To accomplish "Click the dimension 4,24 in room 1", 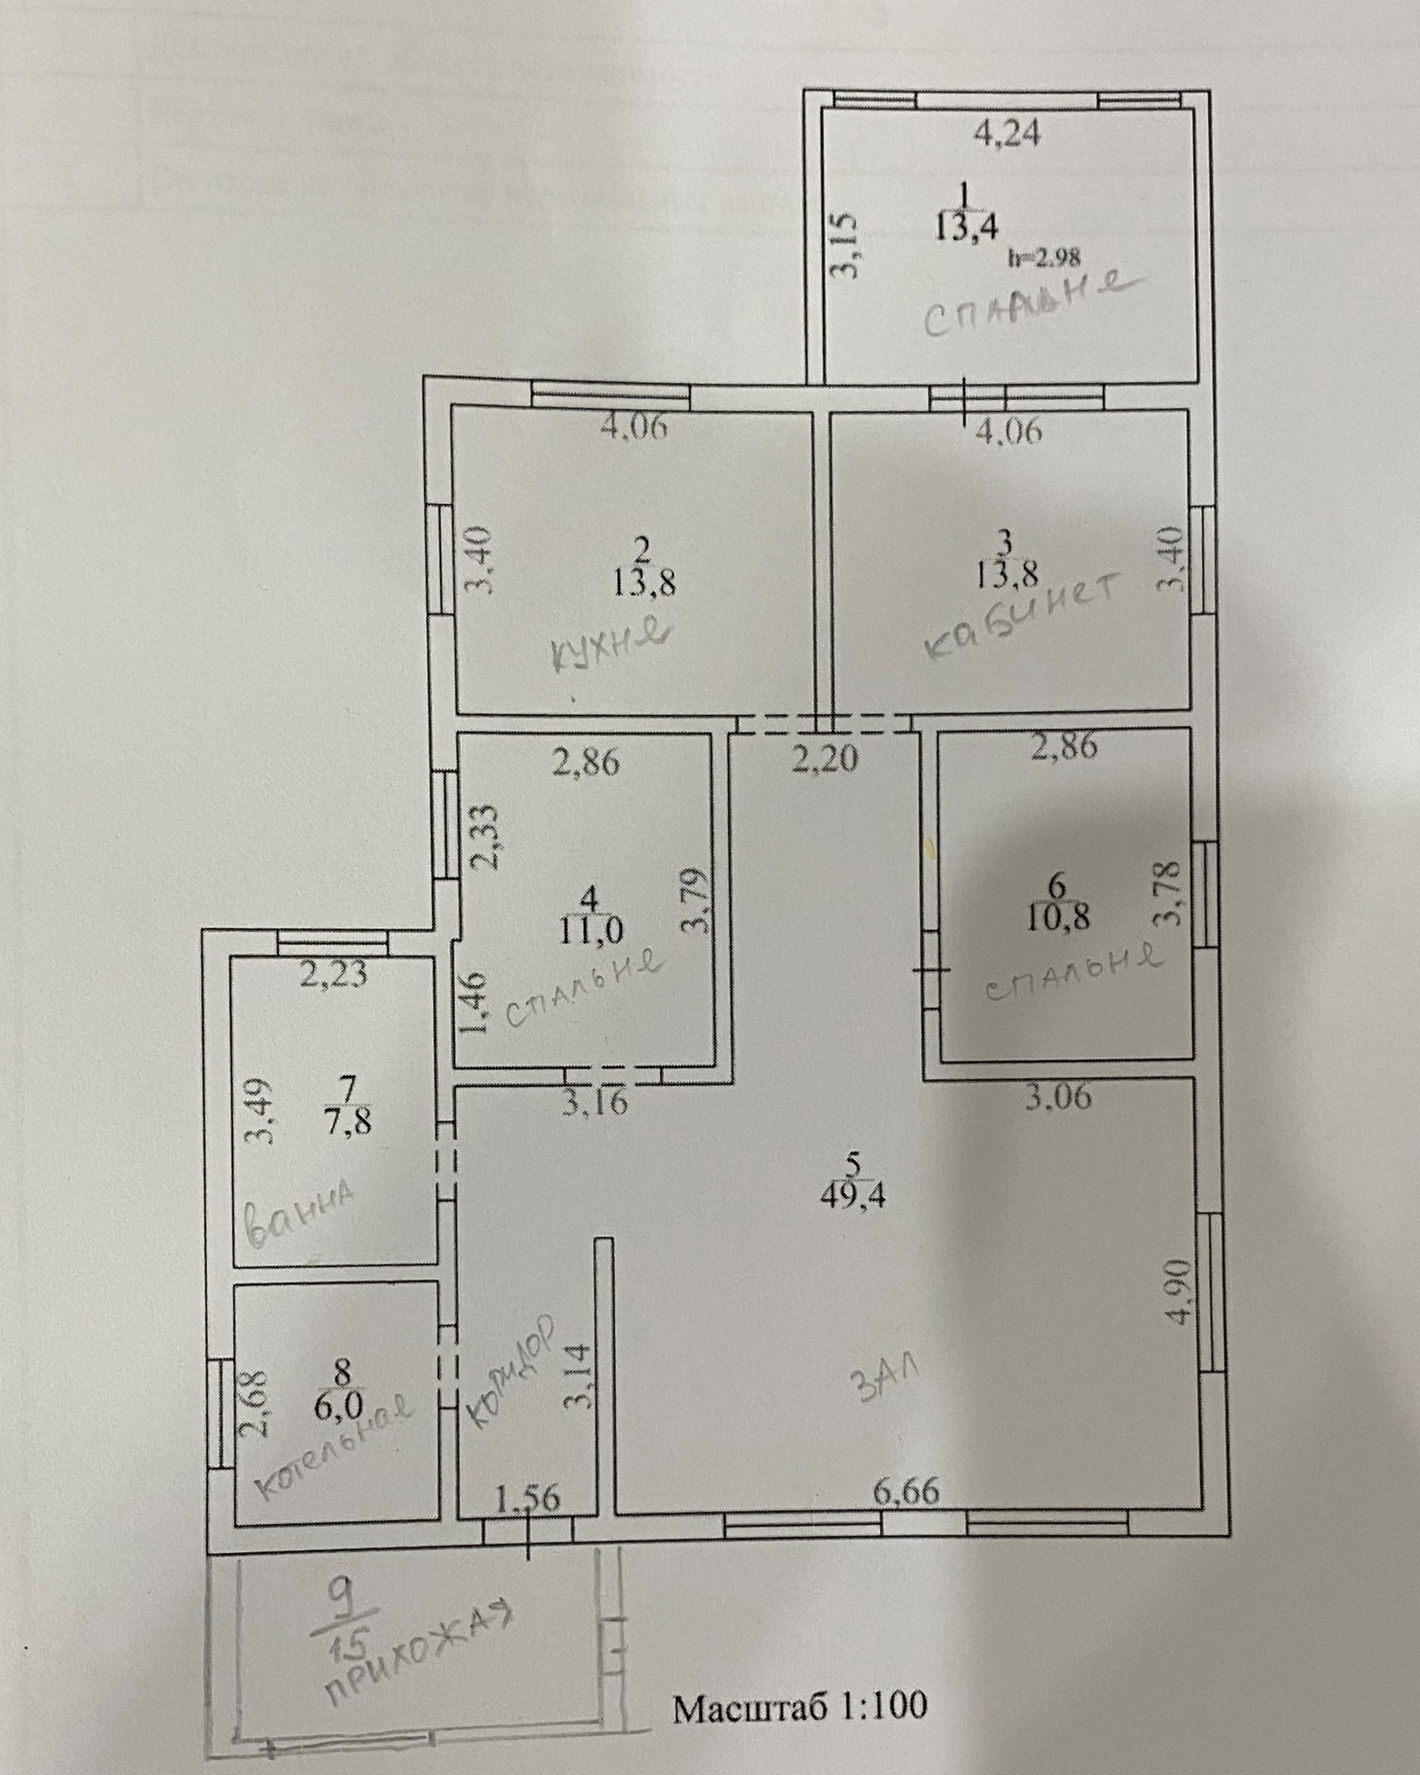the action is (x=1007, y=133).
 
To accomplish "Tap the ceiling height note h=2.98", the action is (x=1044, y=258).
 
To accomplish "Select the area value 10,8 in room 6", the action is (x=1057, y=916).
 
